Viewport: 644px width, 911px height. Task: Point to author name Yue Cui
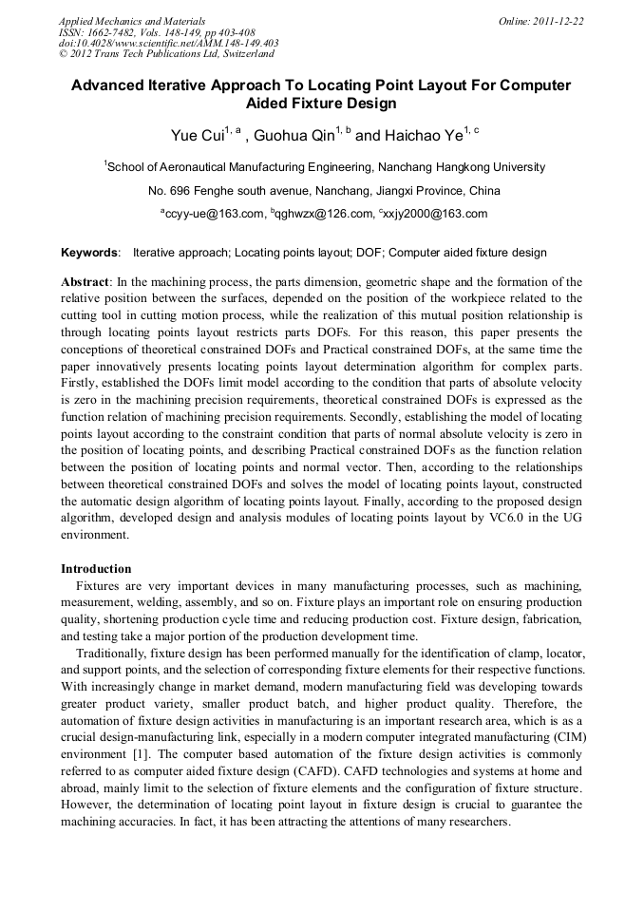(197, 136)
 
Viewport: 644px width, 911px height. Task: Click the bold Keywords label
(90, 254)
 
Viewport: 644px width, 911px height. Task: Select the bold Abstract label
(85, 282)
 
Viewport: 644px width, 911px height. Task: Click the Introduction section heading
(96, 569)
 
